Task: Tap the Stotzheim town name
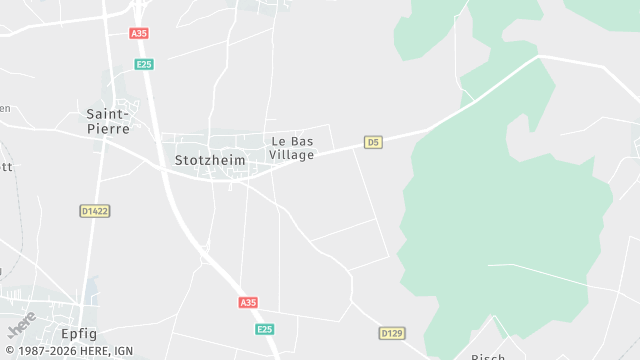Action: [210, 159]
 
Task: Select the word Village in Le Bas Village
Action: [292, 155]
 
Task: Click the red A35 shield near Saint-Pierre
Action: [139, 33]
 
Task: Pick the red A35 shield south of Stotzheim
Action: [248, 302]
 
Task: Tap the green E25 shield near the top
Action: [145, 64]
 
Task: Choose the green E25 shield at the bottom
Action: [264, 329]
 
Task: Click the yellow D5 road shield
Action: [373, 142]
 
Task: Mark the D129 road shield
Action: [391, 332]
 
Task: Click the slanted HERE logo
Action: [21, 323]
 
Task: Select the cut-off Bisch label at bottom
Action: [489, 356]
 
